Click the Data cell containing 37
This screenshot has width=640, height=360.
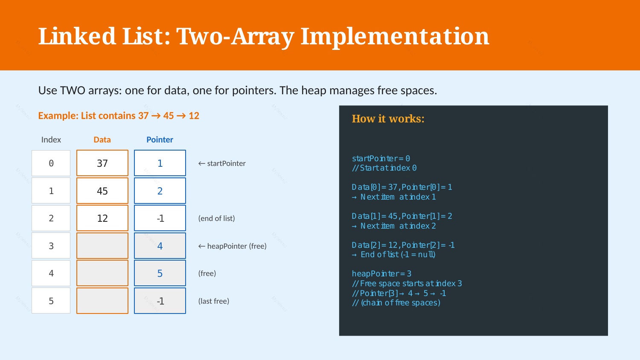coord(102,163)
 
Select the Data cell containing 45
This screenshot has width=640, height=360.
coord(102,191)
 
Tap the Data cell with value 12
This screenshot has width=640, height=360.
coord(102,218)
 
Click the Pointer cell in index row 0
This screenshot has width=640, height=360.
coord(160,163)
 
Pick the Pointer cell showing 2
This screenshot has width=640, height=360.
coord(160,191)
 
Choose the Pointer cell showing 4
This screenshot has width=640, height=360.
coord(160,246)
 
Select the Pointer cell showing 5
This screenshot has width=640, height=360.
coord(160,273)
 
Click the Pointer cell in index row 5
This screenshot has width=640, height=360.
coord(160,301)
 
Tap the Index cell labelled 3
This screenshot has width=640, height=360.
coord(51,246)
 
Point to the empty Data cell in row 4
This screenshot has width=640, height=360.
coord(102,273)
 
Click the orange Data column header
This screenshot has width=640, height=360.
coord(102,139)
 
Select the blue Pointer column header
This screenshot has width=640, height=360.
coord(160,139)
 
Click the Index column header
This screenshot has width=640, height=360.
coord(51,139)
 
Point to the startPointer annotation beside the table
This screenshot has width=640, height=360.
coord(222,163)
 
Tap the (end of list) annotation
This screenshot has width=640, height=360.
coord(217,218)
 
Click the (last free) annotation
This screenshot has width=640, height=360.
coord(214,301)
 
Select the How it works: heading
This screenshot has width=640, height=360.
coord(388,119)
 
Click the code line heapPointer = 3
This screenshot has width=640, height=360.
coord(381,274)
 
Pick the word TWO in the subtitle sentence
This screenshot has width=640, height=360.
coord(73,90)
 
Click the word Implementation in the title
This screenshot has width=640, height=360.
coord(395,37)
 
